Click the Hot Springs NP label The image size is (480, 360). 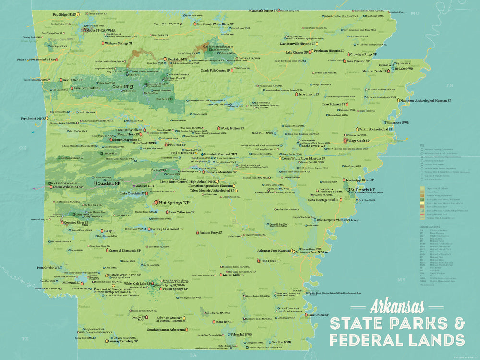coord(175,203)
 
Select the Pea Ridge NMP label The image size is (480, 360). coord(65,15)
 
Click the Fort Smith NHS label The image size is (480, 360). coord(32,118)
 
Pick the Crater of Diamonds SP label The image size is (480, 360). coord(124,250)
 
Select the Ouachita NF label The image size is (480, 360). coord(109,183)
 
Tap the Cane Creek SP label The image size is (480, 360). coord(271,261)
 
